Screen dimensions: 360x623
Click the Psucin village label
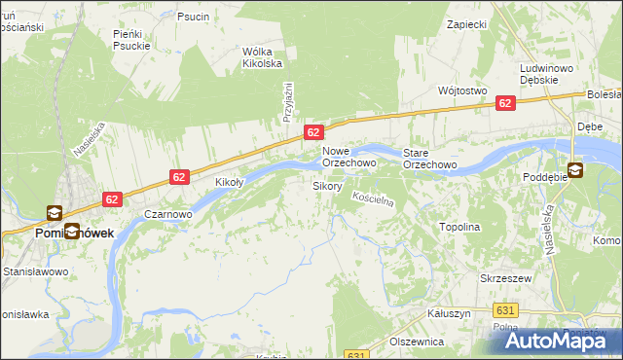pyautogui.click(x=193, y=17)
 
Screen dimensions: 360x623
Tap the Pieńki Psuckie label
pyautogui.click(x=131, y=39)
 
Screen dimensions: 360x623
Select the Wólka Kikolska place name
pyautogui.click(x=262, y=57)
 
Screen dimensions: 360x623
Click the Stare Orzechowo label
pyautogui.click(x=430, y=159)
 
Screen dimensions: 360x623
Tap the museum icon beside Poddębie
pyautogui.click(x=574, y=170)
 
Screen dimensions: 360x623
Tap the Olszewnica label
pyautogui.click(x=417, y=342)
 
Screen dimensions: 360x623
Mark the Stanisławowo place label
pyautogui.click(x=34, y=271)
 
